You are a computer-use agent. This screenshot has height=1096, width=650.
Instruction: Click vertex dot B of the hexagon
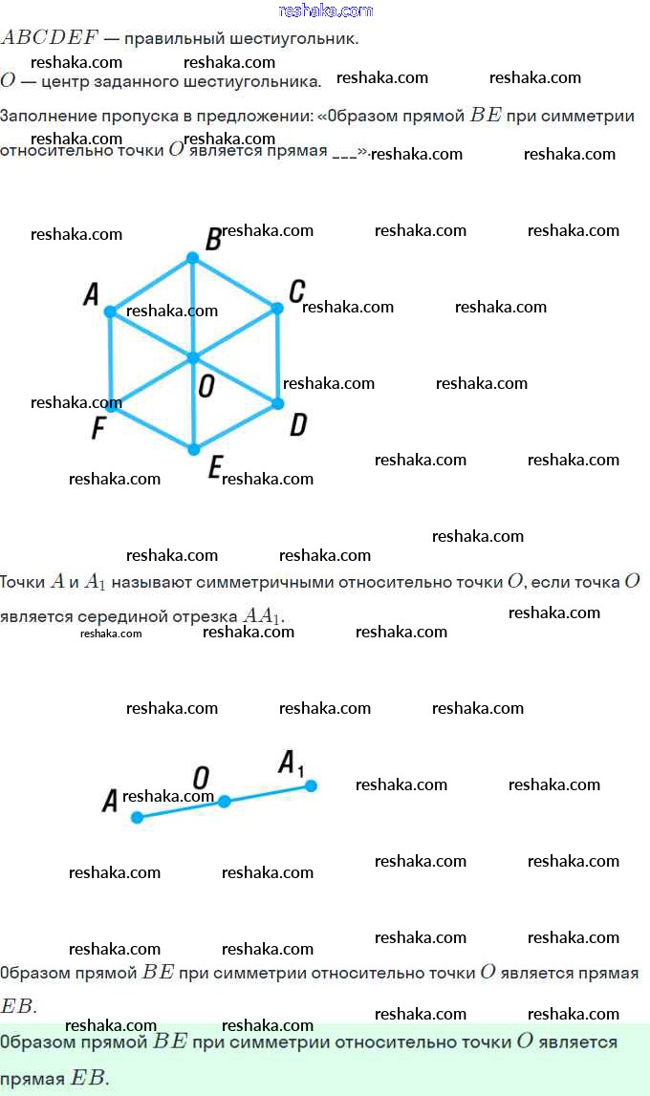pyautogui.click(x=192, y=258)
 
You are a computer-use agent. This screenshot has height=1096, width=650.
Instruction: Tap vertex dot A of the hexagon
pyautogui.click(x=110, y=312)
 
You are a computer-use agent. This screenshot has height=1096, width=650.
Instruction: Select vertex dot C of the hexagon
pyautogui.click(x=277, y=308)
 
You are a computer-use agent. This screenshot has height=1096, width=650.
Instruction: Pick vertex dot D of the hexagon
pyautogui.click(x=278, y=403)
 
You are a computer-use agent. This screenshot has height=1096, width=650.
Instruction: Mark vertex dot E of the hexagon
pyautogui.click(x=193, y=449)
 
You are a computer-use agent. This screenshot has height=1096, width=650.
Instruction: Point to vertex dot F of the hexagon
pyautogui.click(x=112, y=405)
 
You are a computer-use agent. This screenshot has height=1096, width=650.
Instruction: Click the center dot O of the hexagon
pyautogui.click(x=193, y=357)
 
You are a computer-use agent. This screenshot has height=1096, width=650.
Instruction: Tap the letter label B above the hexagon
pyautogui.click(x=214, y=240)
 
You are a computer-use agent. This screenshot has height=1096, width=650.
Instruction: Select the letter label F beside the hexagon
pyautogui.click(x=97, y=429)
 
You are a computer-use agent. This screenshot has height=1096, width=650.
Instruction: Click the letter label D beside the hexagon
pyautogui.click(x=298, y=425)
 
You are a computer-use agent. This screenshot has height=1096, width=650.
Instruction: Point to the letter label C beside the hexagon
pyautogui.click(x=296, y=290)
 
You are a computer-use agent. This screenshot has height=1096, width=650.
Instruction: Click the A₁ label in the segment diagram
pyautogui.click(x=291, y=763)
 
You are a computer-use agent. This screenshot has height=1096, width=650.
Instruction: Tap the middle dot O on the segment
pyautogui.click(x=224, y=801)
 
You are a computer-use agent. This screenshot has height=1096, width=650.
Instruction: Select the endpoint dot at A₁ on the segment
pyautogui.click(x=311, y=785)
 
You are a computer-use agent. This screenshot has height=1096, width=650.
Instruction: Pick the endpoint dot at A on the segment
pyautogui.click(x=137, y=817)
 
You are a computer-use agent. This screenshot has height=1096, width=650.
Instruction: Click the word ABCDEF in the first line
pyautogui.click(x=50, y=39)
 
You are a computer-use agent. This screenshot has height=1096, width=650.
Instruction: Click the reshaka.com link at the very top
pyautogui.click(x=325, y=11)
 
